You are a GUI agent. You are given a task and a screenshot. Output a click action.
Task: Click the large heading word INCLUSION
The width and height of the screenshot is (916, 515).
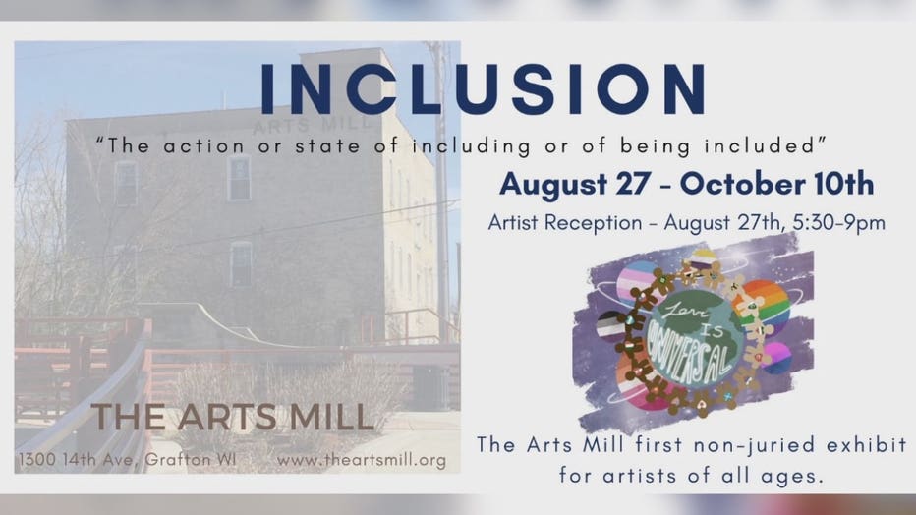[x=483, y=88]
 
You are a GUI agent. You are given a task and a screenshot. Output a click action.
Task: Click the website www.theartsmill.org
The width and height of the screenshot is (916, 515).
[x=362, y=460]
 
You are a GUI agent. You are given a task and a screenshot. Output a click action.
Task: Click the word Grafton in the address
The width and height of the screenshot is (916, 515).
[x=178, y=460]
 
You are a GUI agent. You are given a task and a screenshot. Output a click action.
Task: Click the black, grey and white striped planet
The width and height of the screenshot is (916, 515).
[x=611, y=325]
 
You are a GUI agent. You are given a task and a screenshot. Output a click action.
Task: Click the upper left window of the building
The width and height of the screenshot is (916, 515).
[x=126, y=183]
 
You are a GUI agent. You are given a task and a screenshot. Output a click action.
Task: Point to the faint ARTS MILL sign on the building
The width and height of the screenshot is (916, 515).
[x=313, y=125]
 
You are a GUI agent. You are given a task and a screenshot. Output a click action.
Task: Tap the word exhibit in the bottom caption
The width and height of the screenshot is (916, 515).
[x=867, y=445]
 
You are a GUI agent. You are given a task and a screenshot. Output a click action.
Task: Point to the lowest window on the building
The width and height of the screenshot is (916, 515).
[x=241, y=264]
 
